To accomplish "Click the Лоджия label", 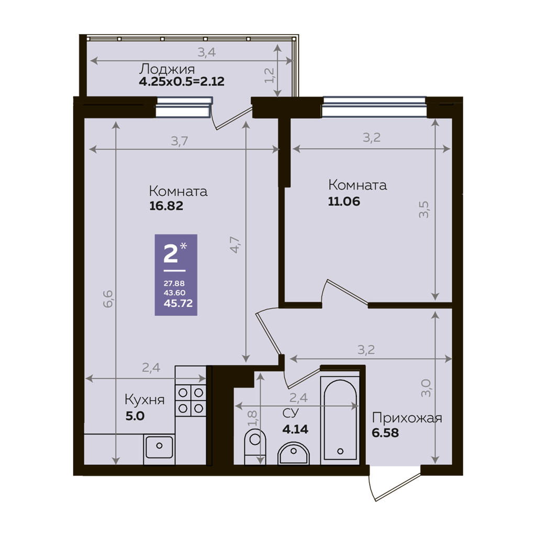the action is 166,69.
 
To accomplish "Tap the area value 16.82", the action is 166,206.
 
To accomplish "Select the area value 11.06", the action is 344,202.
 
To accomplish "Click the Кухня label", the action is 144,399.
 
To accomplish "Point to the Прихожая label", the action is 407,418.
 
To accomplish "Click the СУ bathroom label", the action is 291,413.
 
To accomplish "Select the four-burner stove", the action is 191,400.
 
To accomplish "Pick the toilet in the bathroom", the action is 255,447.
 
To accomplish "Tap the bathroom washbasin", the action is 294,454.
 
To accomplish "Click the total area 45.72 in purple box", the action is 178,303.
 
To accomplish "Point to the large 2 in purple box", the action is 171,254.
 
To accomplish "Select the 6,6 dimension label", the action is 108,299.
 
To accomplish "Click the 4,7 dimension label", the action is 236,245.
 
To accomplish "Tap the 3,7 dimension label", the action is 180,141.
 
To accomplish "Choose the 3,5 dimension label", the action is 424,209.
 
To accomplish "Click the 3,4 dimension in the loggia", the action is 207,52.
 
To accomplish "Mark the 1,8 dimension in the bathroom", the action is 252,418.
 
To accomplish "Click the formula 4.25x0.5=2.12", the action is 182,82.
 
